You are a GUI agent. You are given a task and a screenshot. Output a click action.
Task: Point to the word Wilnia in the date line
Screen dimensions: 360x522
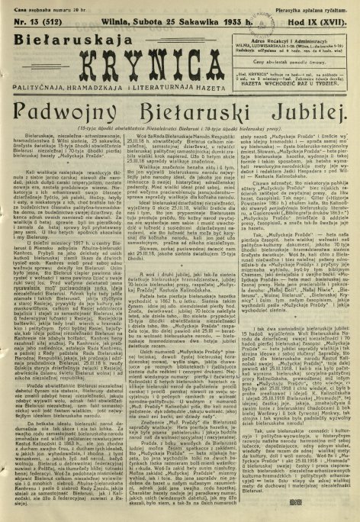pos(109,19)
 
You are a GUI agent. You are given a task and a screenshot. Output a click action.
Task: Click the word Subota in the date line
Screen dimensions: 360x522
pos(142,19)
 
